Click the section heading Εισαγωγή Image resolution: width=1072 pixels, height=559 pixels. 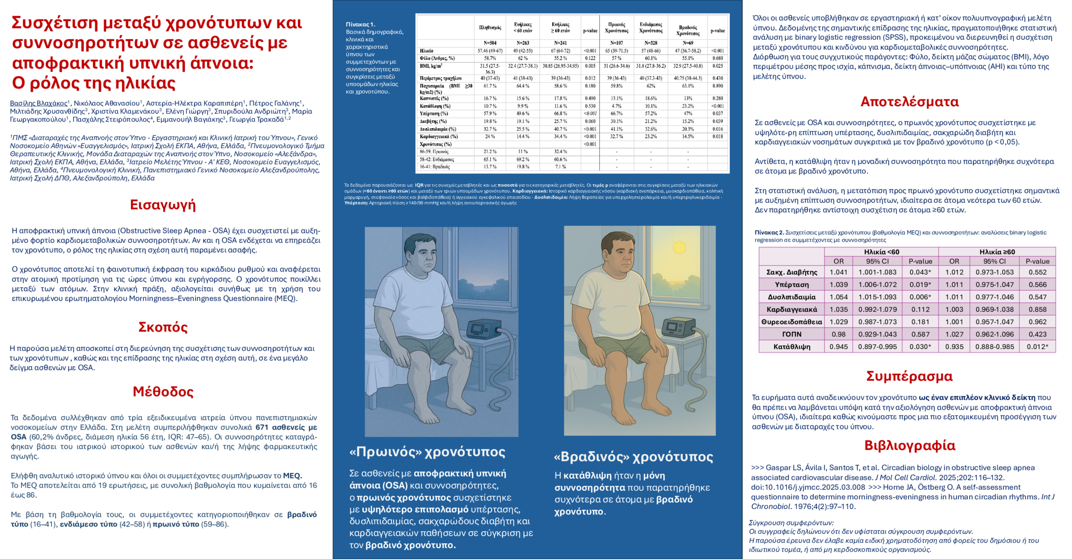pyautogui.click(x=163, y=205)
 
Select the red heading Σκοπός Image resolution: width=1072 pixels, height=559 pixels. pyautogui.click(x=163, y=327)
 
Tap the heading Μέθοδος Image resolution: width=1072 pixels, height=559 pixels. pyautogui.click(x=163, y=392)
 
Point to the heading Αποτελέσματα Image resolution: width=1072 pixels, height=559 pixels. pyautogui.click(x=910, y=102)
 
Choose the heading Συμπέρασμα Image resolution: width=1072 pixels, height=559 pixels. pyautogui.click(x=909, y=376)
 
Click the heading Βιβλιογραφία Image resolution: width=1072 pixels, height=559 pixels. pyautogui.click(x=910, y=445)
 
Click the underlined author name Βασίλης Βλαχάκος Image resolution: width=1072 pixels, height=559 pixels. pyautogui.click(x=39, y=103)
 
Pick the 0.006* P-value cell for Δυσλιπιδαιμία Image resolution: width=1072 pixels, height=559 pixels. pyautogui.click(x=920, y=297)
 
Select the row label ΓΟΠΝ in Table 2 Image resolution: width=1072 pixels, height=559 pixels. pyautogui.click(x=791, y=334)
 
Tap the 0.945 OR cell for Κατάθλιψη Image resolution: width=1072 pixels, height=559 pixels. pyautogui.click(x=839, y=347)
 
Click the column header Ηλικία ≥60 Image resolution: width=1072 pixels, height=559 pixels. pyautogui.click(x=997, y=252)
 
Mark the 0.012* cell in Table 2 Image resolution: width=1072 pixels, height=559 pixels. pyautogui.click(x=1037, y=347)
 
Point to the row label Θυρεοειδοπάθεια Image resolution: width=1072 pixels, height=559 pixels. pyautogui.click(x=791, y=322)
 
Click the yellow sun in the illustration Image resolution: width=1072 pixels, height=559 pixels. pyautogui.click(x=679, y=247)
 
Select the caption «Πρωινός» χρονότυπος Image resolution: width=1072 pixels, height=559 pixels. pyautogui.click(x=427, y=452)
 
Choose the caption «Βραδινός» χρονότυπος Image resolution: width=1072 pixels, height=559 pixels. pyautogui.click(x=633, y=457)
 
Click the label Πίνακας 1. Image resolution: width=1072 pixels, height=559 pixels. pyautogui.click(x=361, y=25)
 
